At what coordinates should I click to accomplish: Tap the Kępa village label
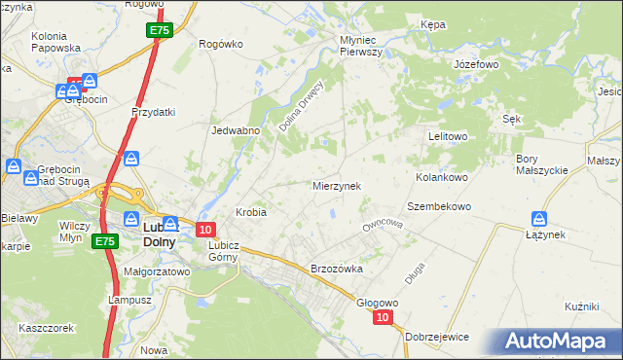point(432,23)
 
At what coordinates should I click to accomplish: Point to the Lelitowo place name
point(449,137)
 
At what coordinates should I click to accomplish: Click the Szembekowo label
point(439,207)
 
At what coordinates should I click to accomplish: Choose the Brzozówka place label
point(336,269)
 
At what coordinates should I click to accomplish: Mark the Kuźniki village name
point(580,306)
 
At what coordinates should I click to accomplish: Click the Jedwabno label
point(234,129)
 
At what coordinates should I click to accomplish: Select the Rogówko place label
point(219,44)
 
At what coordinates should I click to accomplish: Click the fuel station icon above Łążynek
point(540,219)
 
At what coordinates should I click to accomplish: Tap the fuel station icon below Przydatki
point(132,159)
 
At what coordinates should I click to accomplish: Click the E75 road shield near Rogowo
point(162,32)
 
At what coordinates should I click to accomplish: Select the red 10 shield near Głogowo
point(383,318)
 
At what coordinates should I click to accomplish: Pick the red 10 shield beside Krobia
point(204,230)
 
